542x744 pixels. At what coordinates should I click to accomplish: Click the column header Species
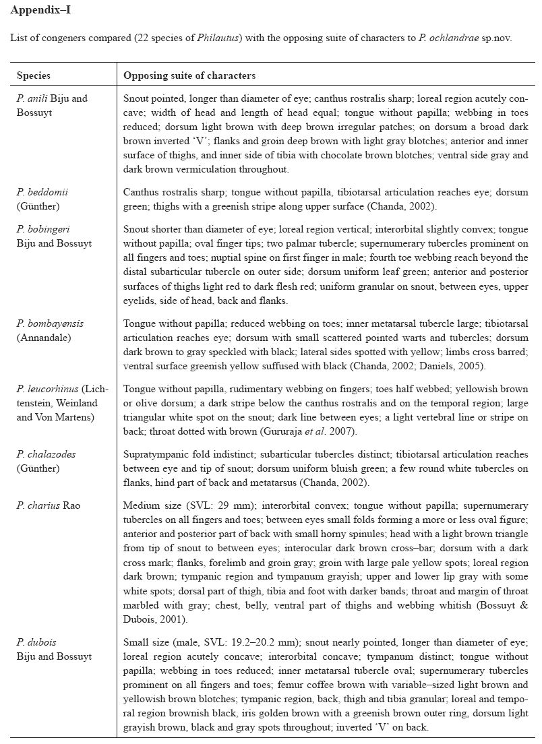coord(33,75)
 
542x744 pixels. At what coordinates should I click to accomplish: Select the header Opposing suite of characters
coord(189,75)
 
